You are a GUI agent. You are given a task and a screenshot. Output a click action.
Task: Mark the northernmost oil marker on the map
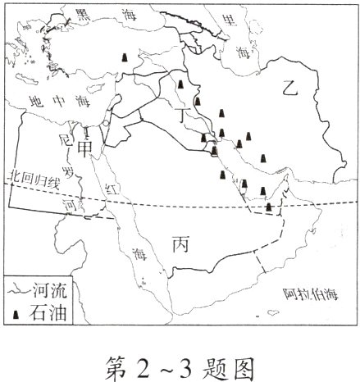tap(124, 57)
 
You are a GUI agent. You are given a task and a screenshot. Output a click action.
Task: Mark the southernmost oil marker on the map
tap(269, 207)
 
